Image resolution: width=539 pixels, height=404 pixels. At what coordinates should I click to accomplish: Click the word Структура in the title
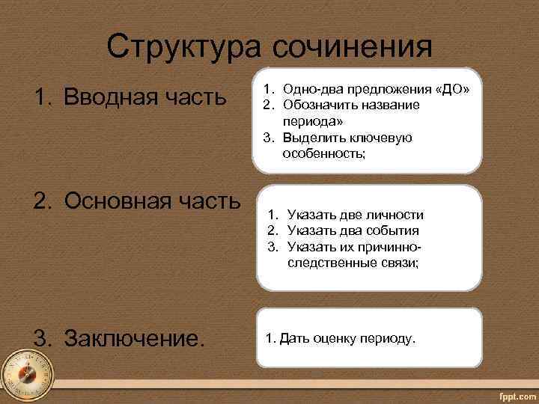[184, 47]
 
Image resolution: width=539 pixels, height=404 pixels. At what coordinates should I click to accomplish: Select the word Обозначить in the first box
[322, 105]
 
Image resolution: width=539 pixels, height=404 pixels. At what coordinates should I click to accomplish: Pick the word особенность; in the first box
[325, 153]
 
